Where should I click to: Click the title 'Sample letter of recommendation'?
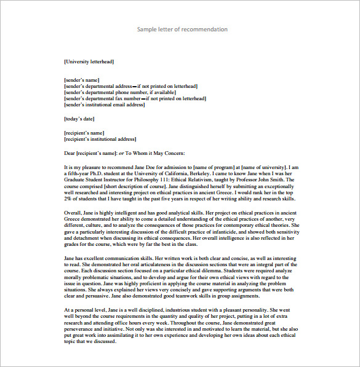point(182,30)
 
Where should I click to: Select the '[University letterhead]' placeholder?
point(89,62)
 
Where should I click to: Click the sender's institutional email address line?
point(104,105)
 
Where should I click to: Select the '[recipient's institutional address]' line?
point(100,140)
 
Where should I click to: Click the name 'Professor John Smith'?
point(260,180)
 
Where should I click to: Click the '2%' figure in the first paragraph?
point(68,200)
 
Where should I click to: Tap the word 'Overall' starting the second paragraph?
point(73,213)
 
